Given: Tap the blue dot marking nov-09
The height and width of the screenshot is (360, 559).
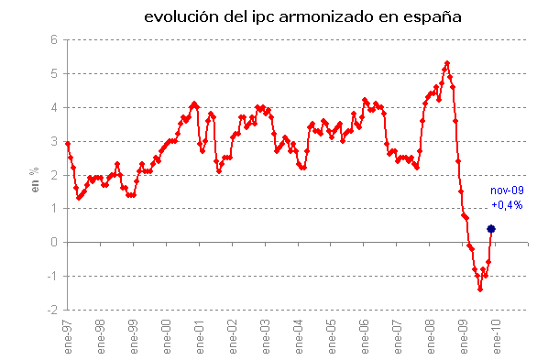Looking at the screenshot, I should [491, 229].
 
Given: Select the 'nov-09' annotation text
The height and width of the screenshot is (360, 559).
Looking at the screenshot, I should [507, 191].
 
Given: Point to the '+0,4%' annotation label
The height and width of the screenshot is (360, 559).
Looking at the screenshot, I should [507, 205].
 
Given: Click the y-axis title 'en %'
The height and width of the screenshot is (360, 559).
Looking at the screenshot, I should [36, 175].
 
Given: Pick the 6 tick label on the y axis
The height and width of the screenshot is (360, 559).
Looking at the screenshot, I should [54, 39].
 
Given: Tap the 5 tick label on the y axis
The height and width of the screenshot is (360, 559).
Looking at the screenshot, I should [54, 73].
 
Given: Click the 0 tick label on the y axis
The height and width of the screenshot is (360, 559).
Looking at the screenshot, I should [54, 243].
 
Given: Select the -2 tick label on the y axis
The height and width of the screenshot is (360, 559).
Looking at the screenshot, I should [52, 311].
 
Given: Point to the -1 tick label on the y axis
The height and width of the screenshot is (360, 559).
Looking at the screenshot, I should [52, 277].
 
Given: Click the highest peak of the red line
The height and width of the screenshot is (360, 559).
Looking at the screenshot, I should [446, 63].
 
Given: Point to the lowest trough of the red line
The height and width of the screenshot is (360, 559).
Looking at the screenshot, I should [480, 289].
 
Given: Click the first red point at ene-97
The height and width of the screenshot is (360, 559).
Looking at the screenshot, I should [68, 144].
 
